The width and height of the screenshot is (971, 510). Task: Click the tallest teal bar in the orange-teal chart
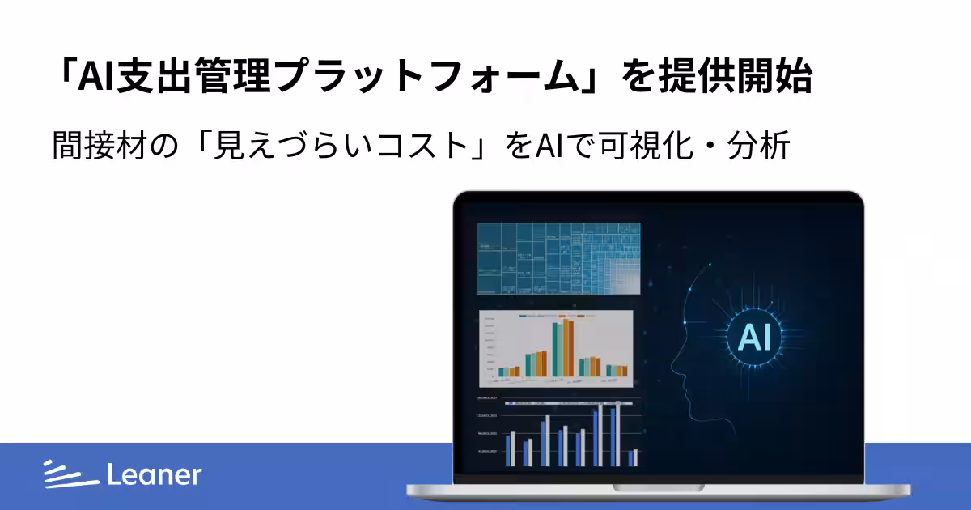point(557,351)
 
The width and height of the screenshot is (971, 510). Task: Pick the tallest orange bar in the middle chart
point(568,349)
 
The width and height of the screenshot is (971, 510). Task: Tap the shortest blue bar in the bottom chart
point(631,458)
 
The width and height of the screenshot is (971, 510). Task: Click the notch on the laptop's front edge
point(659,487)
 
